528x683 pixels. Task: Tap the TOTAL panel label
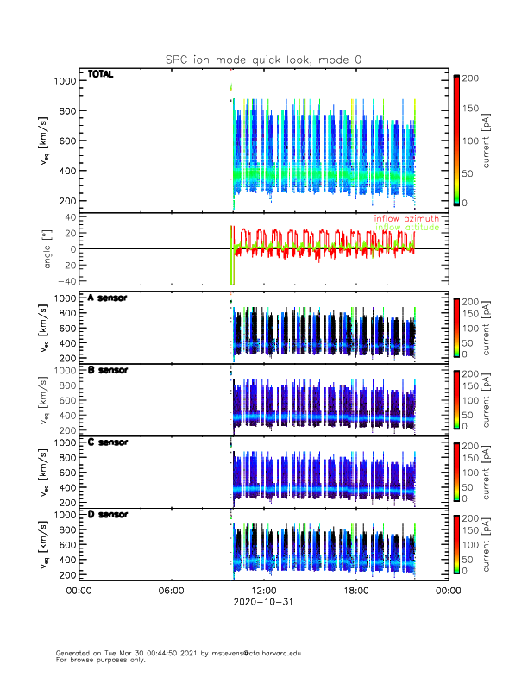tap(101, 75)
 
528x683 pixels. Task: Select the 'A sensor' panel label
tap(108, 298)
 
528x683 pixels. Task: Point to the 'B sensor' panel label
tap(108, 370)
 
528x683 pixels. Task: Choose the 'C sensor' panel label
tap(108, 442)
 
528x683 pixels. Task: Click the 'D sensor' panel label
tap(108, 515)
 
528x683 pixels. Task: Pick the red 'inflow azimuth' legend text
tap(406, 219)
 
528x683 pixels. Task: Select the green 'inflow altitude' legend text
tap(406, 228)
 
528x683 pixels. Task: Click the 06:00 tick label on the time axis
tap(171, 591)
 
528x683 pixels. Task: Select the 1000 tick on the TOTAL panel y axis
tap(65, 81)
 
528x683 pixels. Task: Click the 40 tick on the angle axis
tap(69, 217)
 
